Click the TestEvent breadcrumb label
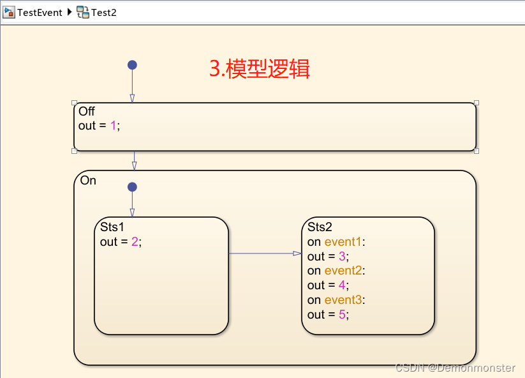[x=40, y=12]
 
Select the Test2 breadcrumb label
[x=104, y=12]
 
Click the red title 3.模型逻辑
[x=260, y=69]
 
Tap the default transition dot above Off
[x=132, y=64]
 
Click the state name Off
[x=87, y=112]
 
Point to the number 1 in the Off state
[x=114, y=126]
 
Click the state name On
[x=88, y=181]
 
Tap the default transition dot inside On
[x=132, y=187]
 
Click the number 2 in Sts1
[x=135, y=242]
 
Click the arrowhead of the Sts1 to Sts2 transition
[x=297, y=253]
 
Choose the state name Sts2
[x=320, y=227]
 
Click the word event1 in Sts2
[x=343, y=242]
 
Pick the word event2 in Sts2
[x=343, y=271]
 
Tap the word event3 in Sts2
[x=343, y=300]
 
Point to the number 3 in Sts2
[x=342, y=257]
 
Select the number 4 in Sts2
[x=342, y=285]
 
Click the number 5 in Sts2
[x=342, y=315]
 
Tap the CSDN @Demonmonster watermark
[x=455, y=368]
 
